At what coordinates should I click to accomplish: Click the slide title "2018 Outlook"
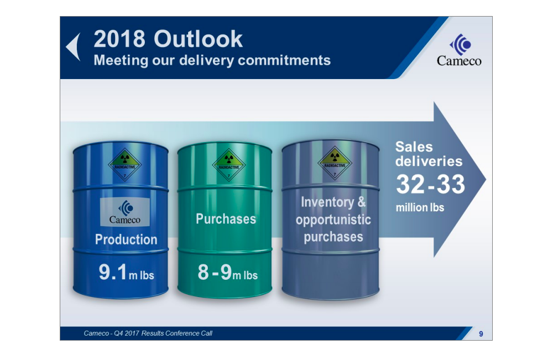pyautogui.click(x=168, y=39)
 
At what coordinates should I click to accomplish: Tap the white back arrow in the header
pyautogui.click(x=74, y=47)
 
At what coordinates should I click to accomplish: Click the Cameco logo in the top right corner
pyautogui.click(x=459, y=50)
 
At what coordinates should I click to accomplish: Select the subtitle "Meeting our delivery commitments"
pyautogui.click(x=212, y=60)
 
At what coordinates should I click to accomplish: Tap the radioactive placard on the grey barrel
pyautogui.click(x=335, y=163)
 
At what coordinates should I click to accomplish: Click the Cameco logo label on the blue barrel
pyautogui.click(x=124, y=211)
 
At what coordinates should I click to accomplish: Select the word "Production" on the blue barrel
pyautogui.click(x=126, y=239)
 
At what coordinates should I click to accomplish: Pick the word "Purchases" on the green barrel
pyautogui.click(x=226, y=219)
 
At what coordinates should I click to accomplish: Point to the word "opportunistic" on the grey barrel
pyautogui.click(x=333, y=220)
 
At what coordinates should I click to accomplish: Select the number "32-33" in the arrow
pyautogui.click(x=430, y=185)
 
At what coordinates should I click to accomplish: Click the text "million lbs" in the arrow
pyautogui.click(x=420, y=208)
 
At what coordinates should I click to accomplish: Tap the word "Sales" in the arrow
pyautogui.click(x=414, y=147)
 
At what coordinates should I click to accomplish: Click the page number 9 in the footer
pyautogui.click(x=481, y=333)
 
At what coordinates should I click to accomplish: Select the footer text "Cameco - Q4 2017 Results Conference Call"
pyautogui.click(x=148, y=333)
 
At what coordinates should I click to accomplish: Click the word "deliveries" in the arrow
pyautogui.click(x=429, y=161)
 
